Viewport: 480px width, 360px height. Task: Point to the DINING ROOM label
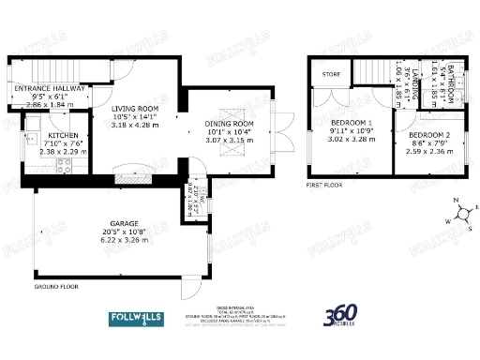(x=230, y=124)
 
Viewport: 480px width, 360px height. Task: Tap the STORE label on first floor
(x=331, y=73)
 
